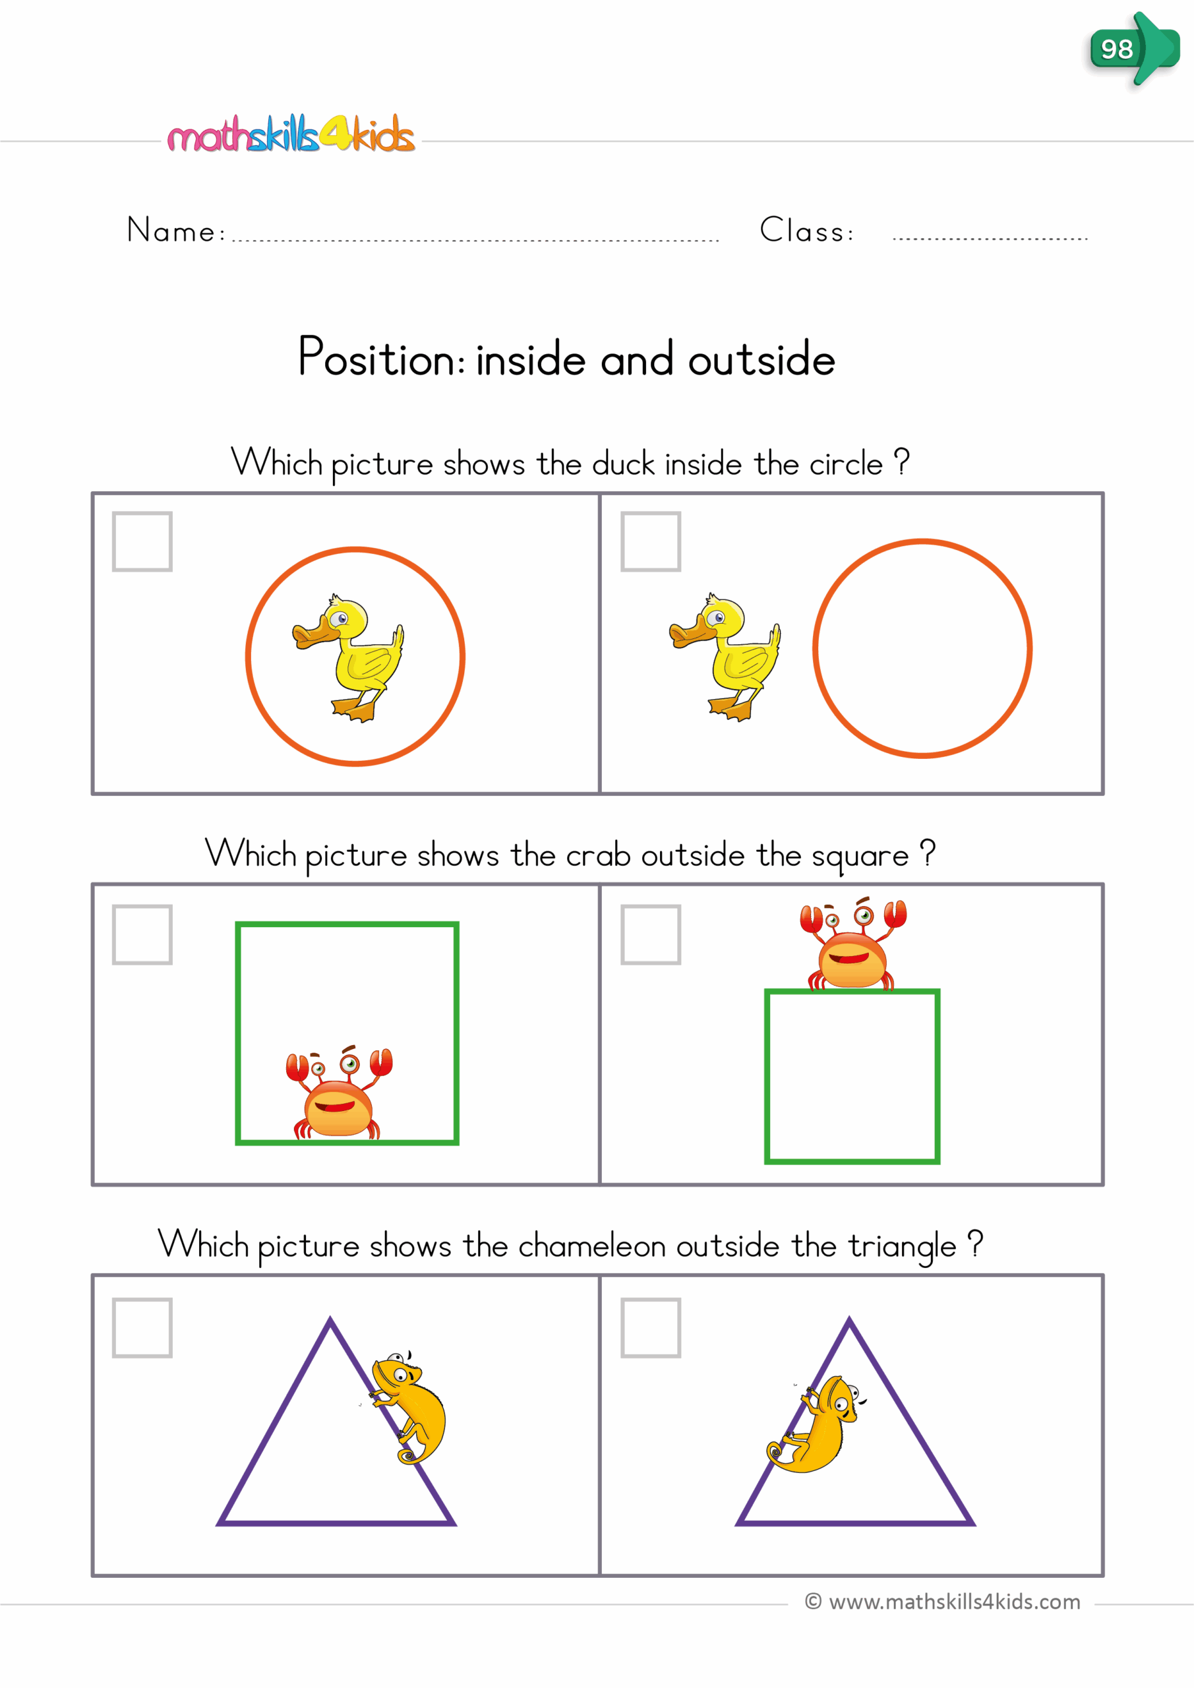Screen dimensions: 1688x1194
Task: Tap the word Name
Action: click(171, 231)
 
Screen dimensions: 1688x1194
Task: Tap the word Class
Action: click(806, 231)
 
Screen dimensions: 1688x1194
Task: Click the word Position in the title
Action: click(380, 358)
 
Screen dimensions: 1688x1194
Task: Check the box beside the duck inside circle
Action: click(142, 542)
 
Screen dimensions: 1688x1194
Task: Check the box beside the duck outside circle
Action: click(651, 542)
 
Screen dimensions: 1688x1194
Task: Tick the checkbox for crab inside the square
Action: click(142, 934)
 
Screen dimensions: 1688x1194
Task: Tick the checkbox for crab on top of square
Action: click(651, 934)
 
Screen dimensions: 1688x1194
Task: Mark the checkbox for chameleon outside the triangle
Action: click(142, 1328)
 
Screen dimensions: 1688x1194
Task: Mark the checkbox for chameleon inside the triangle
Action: click(651, 1328)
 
